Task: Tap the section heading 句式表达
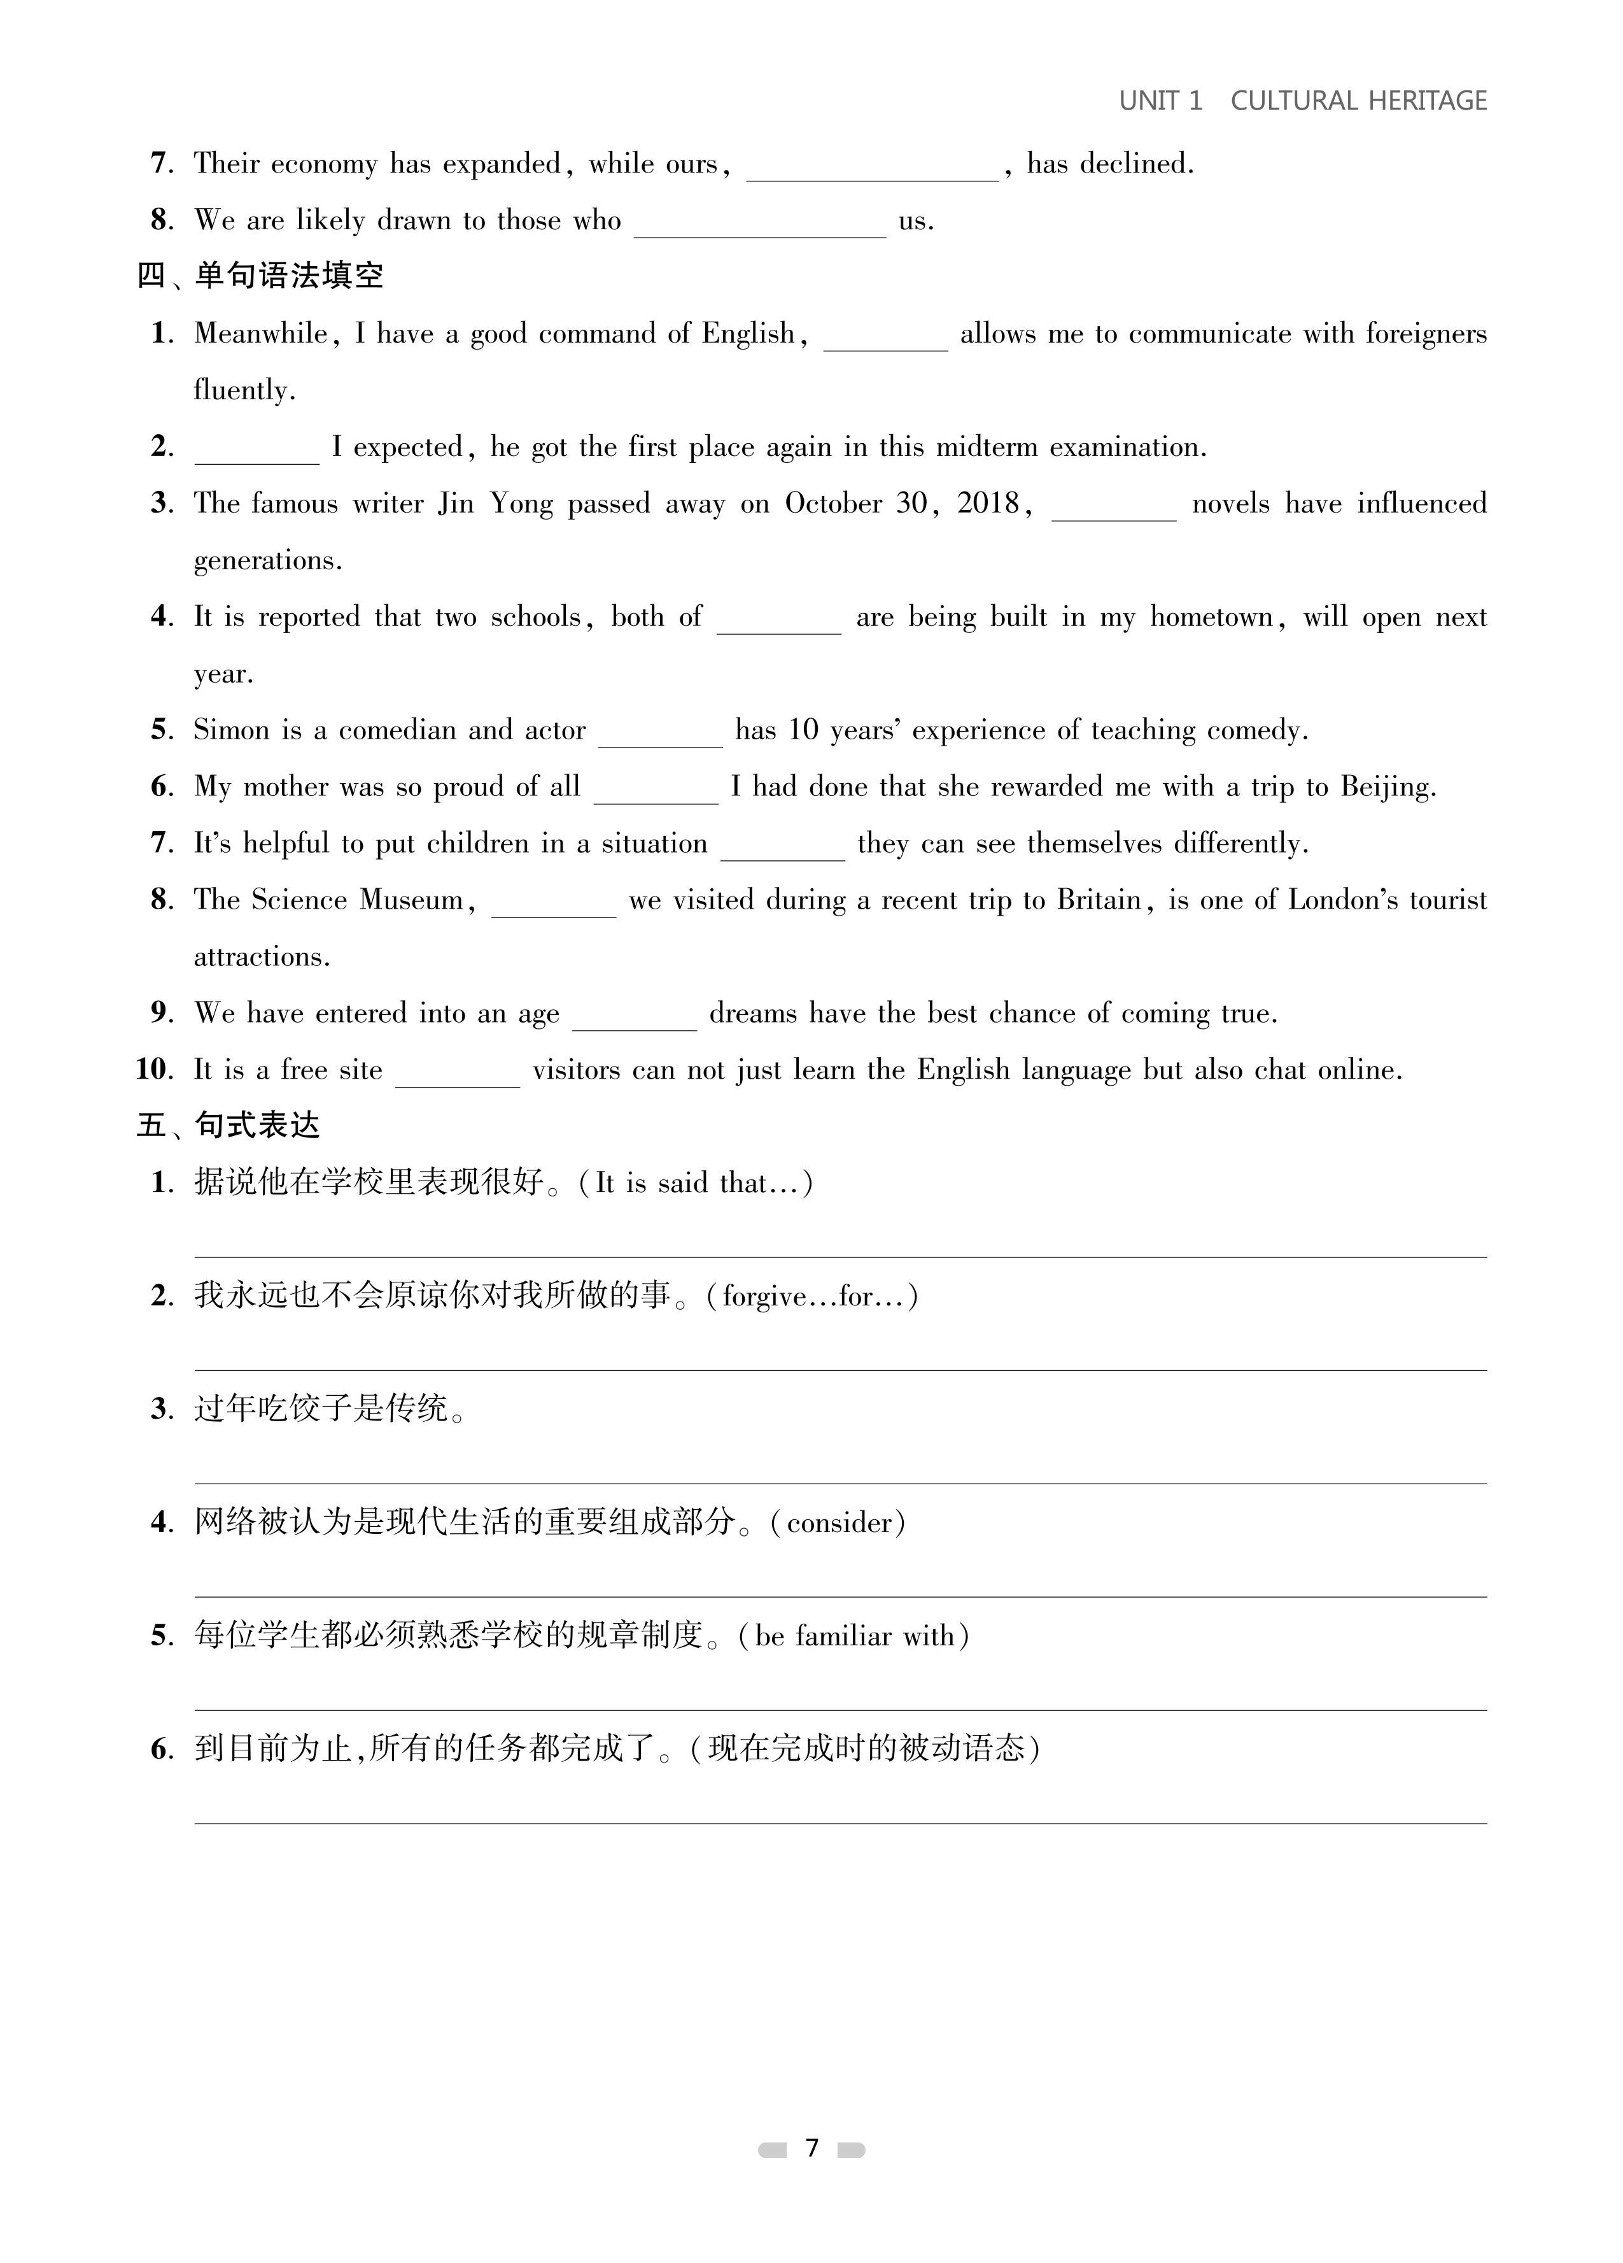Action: tap(256, 1126)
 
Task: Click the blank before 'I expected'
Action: tap(256, 449)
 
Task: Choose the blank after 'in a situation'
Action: tap(782, 845)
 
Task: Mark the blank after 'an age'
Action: tap(635, 1015)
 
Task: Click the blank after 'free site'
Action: tap(458, 1072)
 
